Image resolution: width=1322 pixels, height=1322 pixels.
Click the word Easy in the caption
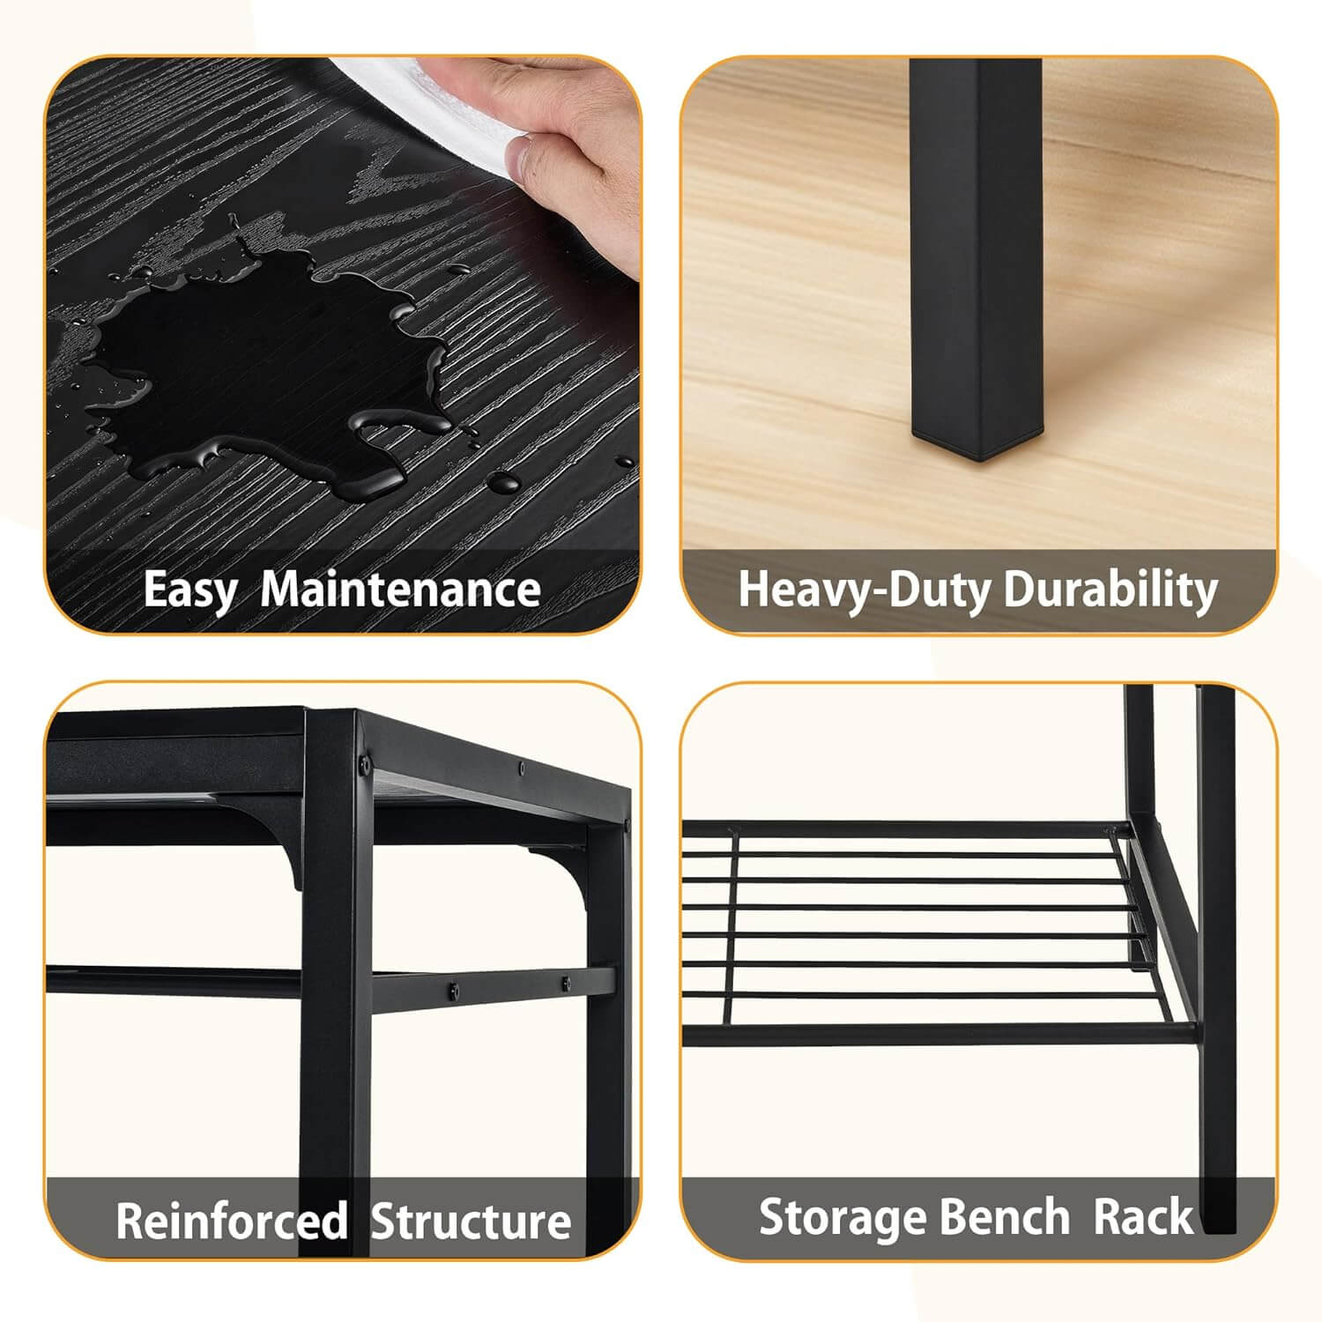point(189,589)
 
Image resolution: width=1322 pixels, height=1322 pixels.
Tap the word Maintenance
point(401,589)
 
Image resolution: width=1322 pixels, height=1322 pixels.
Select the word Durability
point(1110,589)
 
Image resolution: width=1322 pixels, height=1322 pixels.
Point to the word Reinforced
point(231,1221)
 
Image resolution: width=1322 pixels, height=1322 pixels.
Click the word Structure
point(471,1221)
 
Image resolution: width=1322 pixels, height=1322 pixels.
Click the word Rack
point(1142,1217)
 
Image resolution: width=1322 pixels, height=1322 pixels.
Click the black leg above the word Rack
point(1216,1102)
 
